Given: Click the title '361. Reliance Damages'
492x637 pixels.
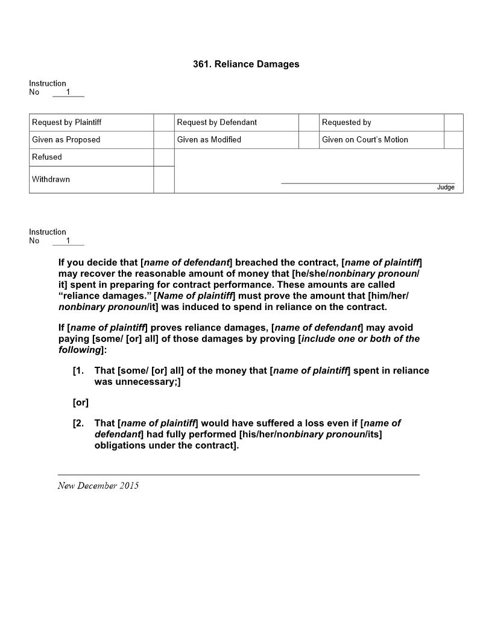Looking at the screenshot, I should click(x=246, y=64).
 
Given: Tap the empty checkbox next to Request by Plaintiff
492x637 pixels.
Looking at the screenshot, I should click(x=163, y=122).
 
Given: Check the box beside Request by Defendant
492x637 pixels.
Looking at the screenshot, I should click(x=308, y=122).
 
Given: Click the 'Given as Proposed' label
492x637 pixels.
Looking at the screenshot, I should click(x=66, y=140).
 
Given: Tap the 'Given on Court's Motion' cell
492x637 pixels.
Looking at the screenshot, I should click(x=365, y=140).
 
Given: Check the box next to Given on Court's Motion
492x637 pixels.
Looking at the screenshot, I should click(x=453, y=140).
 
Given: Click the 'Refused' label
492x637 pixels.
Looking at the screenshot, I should click(x=47, y=157).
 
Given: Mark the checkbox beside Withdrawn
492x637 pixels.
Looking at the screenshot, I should click(x=163, y=180).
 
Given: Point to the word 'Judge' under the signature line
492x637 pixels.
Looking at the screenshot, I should click(x=446, y=188).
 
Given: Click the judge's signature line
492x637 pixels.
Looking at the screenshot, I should click(x=368, y=182).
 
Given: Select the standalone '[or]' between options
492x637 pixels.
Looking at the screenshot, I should click(x=81, y=402).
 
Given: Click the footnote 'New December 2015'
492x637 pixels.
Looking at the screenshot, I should click(x=98, y=486).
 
